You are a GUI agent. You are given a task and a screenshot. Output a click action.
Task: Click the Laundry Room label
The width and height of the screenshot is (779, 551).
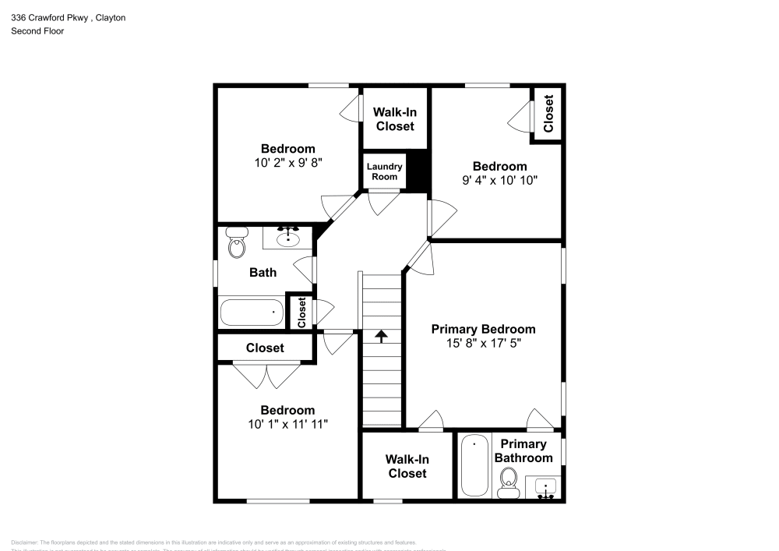[x=384, y=171]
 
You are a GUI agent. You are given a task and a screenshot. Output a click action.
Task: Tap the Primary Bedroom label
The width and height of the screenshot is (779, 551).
[x=483, y=329]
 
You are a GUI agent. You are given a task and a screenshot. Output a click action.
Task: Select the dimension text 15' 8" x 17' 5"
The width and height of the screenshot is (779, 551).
[x=483, y=344]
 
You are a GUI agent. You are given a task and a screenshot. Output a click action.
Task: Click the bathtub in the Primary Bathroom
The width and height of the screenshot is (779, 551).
[x=474, y=466]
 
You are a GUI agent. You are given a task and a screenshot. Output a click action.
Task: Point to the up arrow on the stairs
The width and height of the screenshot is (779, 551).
[x=382, y=336]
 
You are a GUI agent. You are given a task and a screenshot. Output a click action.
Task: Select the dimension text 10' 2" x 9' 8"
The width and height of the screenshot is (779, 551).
[x=287, y=163]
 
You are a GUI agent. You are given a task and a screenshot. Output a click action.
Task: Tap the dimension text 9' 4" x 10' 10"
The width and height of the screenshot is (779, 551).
[x=499, y=180]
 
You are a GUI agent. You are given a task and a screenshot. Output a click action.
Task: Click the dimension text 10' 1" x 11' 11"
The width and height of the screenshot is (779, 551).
[x=287, y=424]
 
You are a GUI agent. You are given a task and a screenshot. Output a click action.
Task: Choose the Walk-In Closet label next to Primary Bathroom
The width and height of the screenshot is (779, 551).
[x=407, y=466]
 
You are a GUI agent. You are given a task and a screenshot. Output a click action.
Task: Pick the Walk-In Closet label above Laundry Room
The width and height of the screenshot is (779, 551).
[x=395, y=119]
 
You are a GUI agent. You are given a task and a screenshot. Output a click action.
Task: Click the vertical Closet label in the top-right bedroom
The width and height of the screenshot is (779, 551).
[x=548, y=114]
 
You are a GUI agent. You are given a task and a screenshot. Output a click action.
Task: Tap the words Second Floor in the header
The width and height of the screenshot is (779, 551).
[x=37, y=31]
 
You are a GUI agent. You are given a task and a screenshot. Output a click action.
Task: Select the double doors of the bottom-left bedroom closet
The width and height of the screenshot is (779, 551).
[x=266, y=376]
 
